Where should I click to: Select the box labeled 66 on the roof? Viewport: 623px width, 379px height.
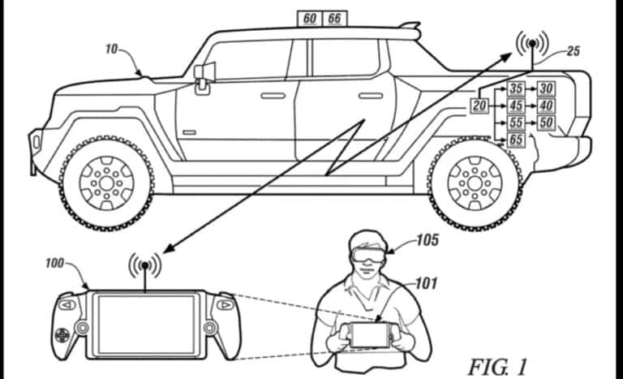pos(334,18)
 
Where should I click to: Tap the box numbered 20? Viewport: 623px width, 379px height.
pos(479,106)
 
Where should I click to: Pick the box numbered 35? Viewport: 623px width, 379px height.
pos(516,88)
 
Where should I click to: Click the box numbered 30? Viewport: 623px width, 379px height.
pos(546,88)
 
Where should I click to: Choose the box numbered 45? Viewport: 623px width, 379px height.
pos(516,106)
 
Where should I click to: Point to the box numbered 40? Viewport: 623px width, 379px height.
pos(546,106)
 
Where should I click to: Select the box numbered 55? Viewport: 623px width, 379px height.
pos(516,123)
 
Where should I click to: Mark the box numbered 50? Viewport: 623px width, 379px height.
pos(546,123)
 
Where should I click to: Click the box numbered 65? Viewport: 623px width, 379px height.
pos(516,140)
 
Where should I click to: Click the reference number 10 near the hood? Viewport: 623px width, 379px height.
pos(112,49)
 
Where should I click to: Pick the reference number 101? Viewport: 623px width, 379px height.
pos(426,284)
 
